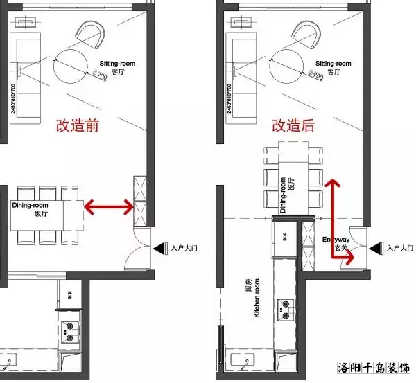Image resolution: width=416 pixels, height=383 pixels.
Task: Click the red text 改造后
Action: click(293, 125)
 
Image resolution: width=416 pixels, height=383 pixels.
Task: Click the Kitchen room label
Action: click(252, 298)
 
